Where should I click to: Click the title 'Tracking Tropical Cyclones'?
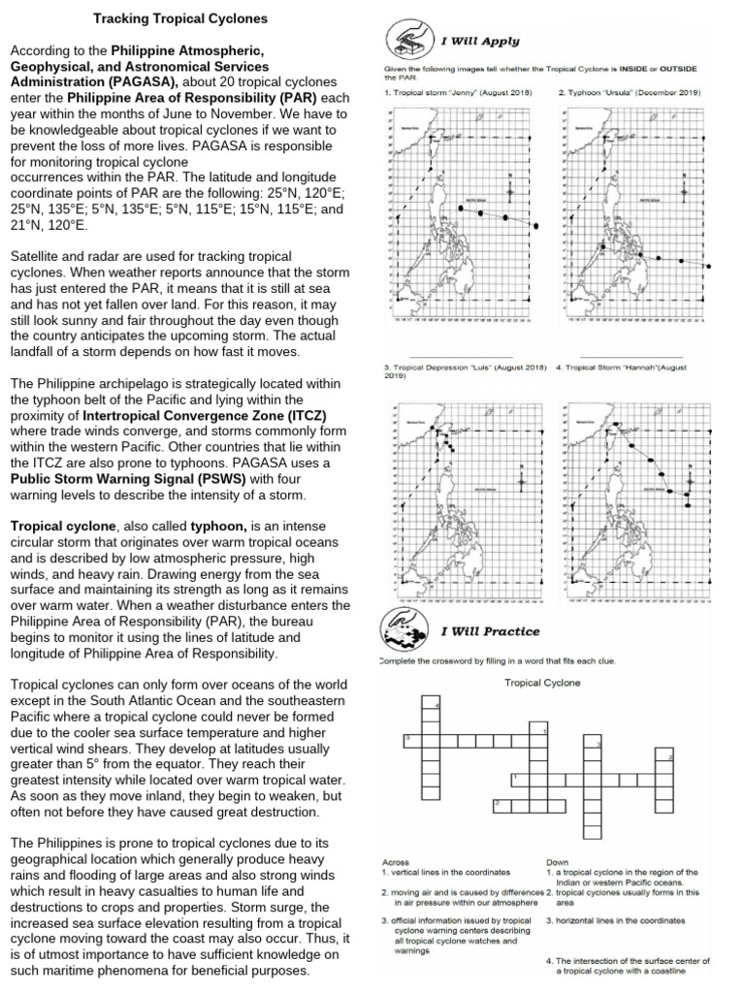(x=179, y=18)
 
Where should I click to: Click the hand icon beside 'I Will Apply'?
(x=403, y=40)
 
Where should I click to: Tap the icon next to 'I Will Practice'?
(x=403, y=633)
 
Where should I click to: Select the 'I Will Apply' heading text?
(x=480, y=42)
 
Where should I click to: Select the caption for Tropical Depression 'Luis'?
(x=465, y=368)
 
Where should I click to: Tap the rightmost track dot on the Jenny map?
(x=534, y=225)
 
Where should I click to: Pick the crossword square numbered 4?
(x=437, y=705)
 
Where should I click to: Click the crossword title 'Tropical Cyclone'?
(x=542, y=683)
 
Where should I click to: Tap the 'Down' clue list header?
(x=557, y=861)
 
